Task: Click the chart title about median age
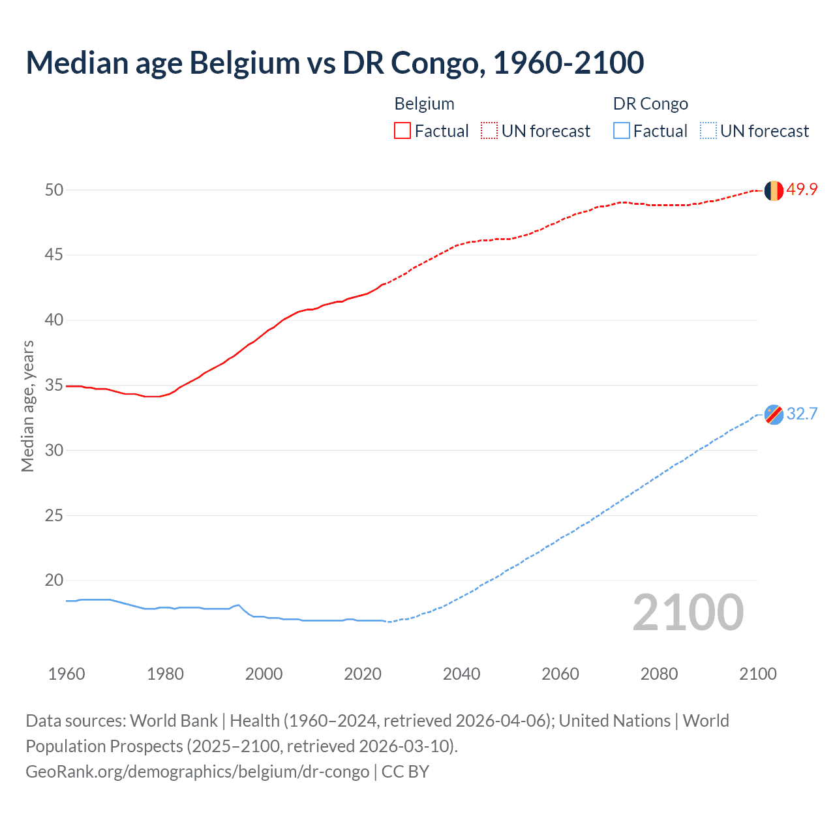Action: click(x=335, y=63)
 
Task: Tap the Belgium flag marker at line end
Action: click(x=774, y=190)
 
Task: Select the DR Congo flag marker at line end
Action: click(x=774, y=415)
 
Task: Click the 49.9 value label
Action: click(x=802, y=190)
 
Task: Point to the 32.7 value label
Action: click(x=802, y=414)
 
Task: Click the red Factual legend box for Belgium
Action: click(x=402, y=131)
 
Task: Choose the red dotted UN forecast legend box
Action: click(x=489, y=131)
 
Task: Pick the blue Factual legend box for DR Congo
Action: click(x=622, y=131)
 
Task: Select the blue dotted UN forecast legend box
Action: click(x=708, y=131)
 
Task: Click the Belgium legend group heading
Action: click(x=424, y=104)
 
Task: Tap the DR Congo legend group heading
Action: click(x=650, y=104)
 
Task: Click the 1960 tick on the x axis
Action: click(x=67, y=674)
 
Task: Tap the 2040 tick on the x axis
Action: click(x=461, y=674)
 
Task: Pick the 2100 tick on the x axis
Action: click(x=757, y=674)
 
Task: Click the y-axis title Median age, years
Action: click(x=27, y=406)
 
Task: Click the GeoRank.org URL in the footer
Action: click(x=197, y=772)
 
